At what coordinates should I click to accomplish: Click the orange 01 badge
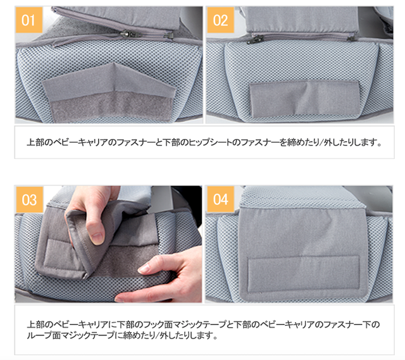coord(29,20)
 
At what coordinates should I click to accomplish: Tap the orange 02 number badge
coord(221,20)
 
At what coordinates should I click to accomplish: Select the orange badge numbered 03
coord(29,200)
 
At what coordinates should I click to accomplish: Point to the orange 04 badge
coord(221,199)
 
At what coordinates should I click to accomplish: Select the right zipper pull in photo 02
coord(351,39)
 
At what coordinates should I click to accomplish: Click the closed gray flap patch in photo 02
coord(305,99)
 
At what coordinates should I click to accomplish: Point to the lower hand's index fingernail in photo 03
coord(145,268)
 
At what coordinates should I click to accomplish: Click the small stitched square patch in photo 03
coord(58,254)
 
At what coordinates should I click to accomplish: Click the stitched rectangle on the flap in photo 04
coord(304,274)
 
